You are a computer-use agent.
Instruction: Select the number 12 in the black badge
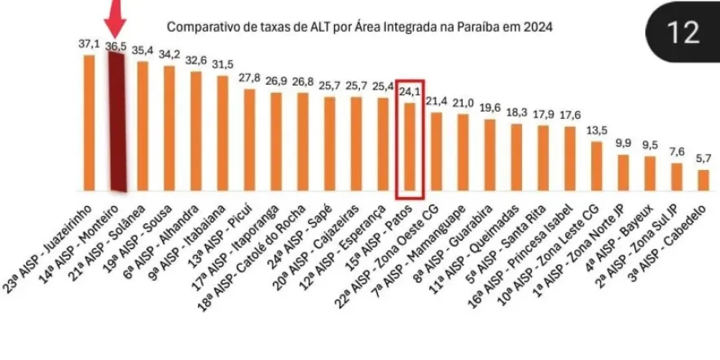[x=682, y=33]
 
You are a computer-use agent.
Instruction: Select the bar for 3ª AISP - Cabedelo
[x=703, y=178]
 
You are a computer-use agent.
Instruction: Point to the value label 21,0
[x=463, y=103]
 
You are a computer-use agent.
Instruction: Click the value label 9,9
[x=623, y=143]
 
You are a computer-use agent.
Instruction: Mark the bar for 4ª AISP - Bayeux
[x=650, y=171]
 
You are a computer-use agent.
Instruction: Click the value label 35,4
[x=143, y=50]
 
